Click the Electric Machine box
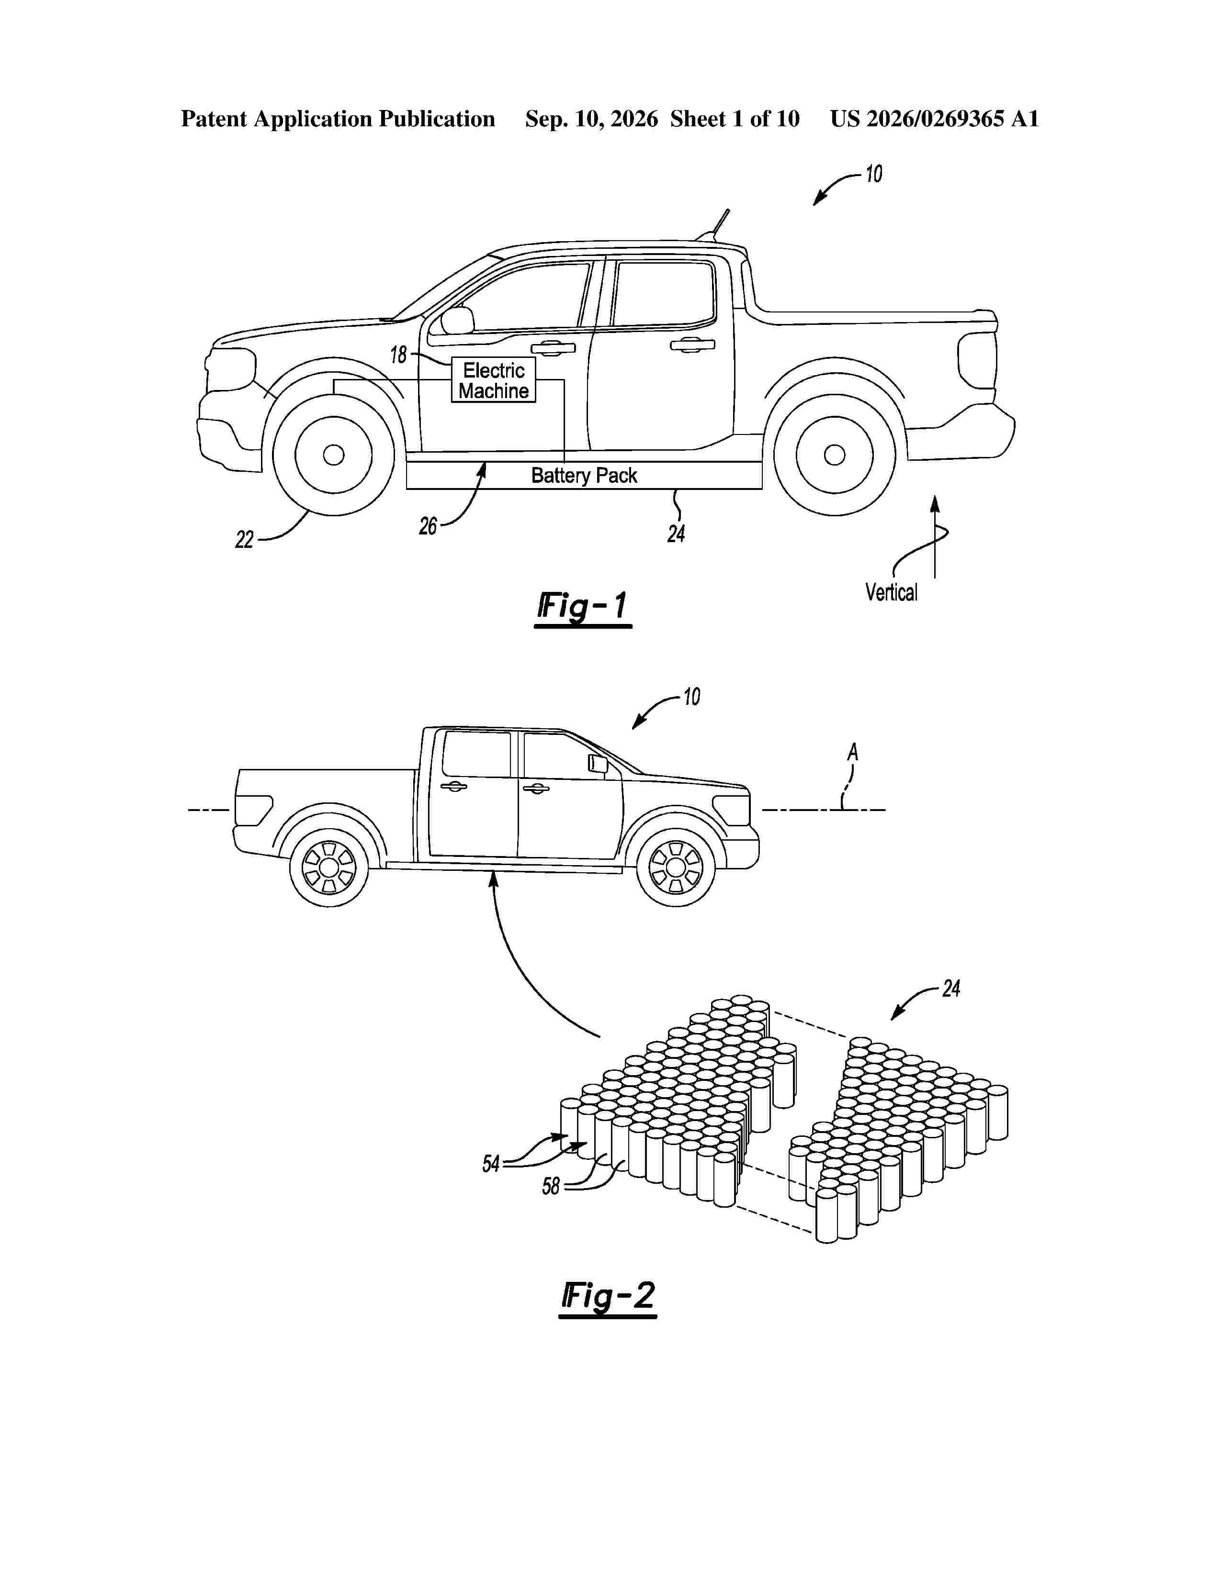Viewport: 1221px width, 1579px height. coord(493,379)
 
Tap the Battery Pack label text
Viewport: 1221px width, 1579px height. coord(584,475)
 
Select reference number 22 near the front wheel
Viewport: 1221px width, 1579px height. coord(245,539)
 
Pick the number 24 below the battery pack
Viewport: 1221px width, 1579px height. coord(676,534)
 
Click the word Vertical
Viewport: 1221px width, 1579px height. coord(891,593)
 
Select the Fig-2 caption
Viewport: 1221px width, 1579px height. coord(608,1296)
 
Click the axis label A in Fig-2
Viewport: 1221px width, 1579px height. coord(853,753)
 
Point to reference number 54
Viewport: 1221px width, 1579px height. coord(491,1163)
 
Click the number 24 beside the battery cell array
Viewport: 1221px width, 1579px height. coord(951,989)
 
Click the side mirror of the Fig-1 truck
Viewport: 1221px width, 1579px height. coord(457,320)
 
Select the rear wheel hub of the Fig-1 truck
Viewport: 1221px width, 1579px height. coord(835,455)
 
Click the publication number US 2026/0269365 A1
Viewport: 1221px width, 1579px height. coord(934,119)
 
